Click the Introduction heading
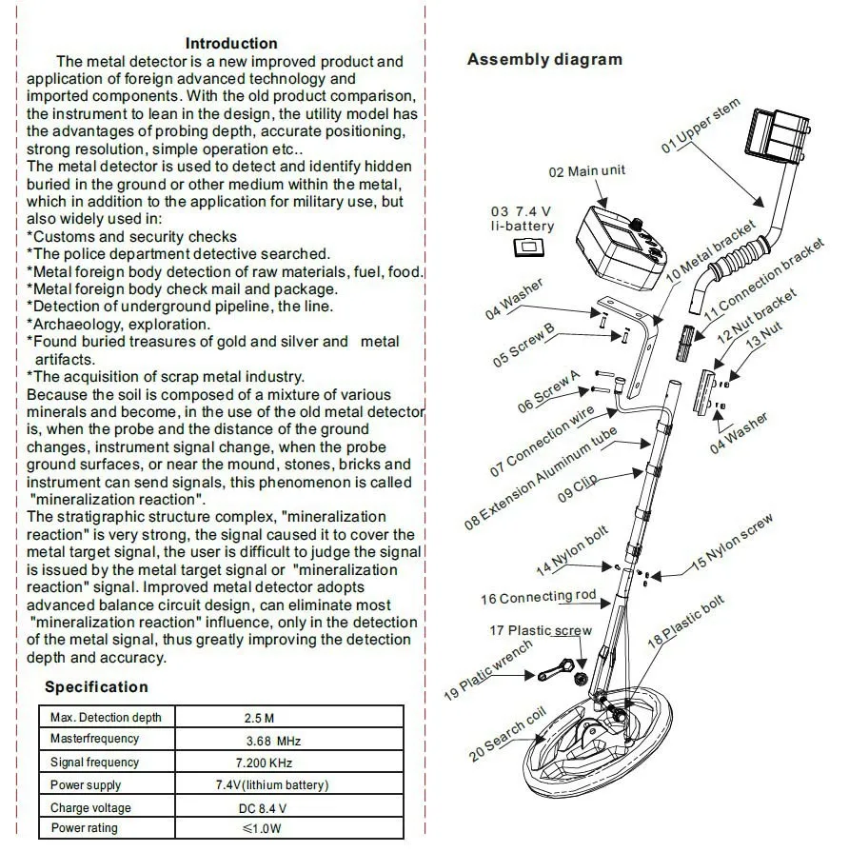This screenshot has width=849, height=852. pyautogui.click(x=231, y=43)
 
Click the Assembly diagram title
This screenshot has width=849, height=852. pyautogui.click(x=544, y=59)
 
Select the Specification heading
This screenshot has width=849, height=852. pyautogui.click(x=97, y=686)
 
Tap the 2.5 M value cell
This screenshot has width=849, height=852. pyautogui.click(x=259, y=718)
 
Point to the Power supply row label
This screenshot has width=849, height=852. pyautogui.click(x=86, y=785)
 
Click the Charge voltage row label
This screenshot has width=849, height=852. pyautogui.click(x=91, y=807)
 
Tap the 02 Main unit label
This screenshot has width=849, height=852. pyautogui.click(x=587, y=171)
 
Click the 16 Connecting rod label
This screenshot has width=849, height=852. pyautogui.click(x=538, y=597)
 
